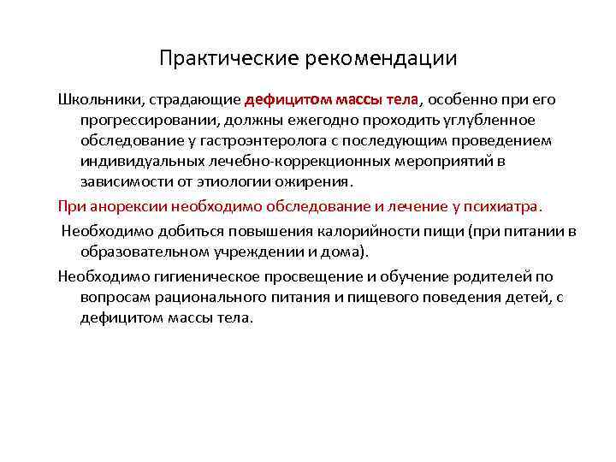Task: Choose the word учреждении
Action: (x=239, y=252)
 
